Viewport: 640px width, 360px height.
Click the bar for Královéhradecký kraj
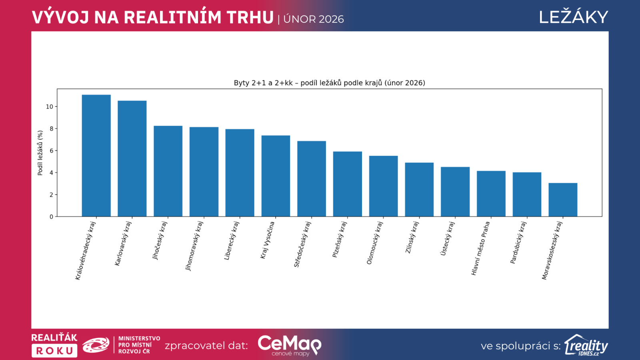pos(96,156)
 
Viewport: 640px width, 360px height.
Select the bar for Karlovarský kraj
pos(132,159)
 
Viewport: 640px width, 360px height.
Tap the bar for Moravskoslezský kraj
pos(563,200)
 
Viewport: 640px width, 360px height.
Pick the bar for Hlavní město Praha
pos(491,194)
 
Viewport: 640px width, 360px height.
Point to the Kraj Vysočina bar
pos(276,176)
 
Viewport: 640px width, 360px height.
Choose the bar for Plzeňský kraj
pos(347,184)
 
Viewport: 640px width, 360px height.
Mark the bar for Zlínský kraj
pos(419,190)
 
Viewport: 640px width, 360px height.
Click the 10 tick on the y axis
pos(50,107)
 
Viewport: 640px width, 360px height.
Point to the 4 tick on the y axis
pos(51,173)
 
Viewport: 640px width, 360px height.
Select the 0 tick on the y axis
pos(51,217)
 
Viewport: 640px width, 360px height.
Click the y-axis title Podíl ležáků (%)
pos(40,153)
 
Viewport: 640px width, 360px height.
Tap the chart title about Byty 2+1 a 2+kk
pos(329,83)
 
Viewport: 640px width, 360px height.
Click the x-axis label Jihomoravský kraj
pos(194,246)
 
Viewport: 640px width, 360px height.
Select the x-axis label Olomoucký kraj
pos(375,243)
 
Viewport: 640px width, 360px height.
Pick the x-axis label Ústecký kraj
pos(448,239)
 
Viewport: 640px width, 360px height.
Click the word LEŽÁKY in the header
pos(573,17)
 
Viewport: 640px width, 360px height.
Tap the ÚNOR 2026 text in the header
pos(314,19)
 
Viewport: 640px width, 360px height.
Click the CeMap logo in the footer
pos(289,345)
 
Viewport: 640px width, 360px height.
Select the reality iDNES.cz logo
pos(586,345)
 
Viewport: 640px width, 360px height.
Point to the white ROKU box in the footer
pos(54,351)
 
